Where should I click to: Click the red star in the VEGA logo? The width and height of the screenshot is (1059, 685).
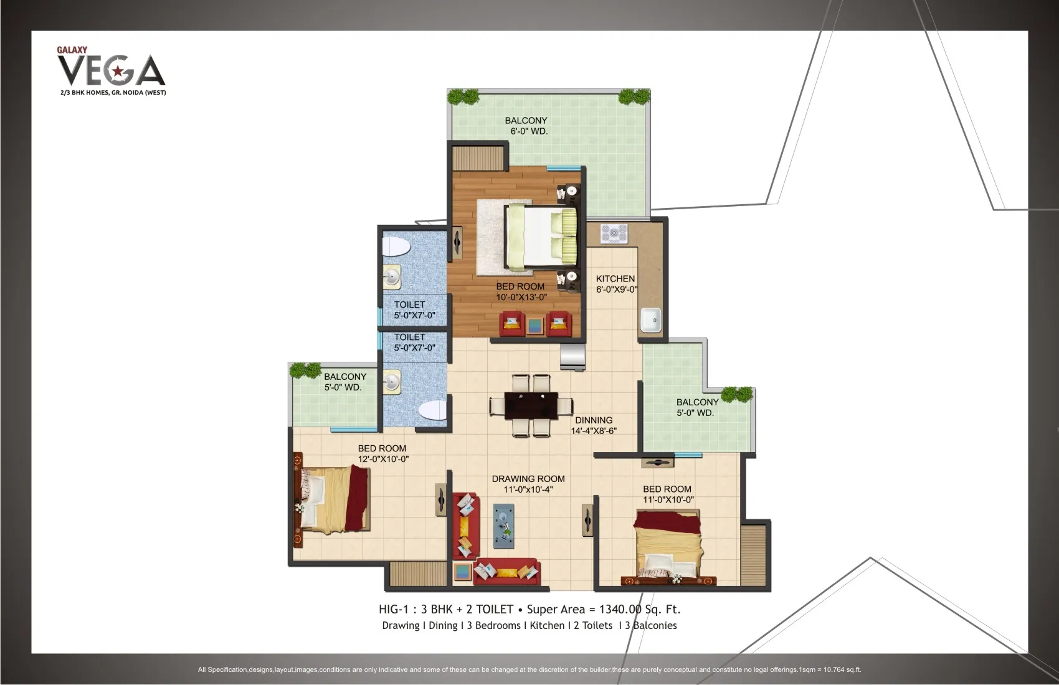(x=116, y=72)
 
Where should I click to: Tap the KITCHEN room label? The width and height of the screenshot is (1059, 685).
(x=615, y=279)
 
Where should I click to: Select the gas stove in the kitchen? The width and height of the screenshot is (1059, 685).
(x=614, y=234)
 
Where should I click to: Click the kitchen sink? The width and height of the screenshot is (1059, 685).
(x=650, y=320)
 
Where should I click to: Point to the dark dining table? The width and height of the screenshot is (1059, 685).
(x=531, y=405)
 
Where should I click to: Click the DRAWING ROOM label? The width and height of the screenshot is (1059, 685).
(x=528, y=479)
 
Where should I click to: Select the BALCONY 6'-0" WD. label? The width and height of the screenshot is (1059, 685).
(x=526, y=126)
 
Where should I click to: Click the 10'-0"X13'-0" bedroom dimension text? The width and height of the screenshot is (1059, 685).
(x=521, y=298)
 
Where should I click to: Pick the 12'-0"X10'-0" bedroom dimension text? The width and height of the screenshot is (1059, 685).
(x=383, y=459)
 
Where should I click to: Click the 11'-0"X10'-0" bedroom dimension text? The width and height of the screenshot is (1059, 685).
(x=668, y=499)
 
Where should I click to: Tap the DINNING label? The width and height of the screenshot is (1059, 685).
(x=594, y=420)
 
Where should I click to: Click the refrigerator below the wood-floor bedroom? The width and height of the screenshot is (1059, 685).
(x=572, y=356)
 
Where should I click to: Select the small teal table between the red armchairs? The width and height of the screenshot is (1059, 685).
(x=535, y=326)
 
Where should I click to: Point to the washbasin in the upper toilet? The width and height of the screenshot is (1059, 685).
(x=391, y=277)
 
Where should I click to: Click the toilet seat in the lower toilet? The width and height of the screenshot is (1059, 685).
(x=432, y=410)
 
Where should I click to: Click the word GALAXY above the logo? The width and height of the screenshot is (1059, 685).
(x=72, y=50)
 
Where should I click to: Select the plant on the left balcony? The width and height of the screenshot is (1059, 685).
(x=305, y=370)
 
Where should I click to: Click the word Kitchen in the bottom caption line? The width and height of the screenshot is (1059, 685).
(x=547, y=625)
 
